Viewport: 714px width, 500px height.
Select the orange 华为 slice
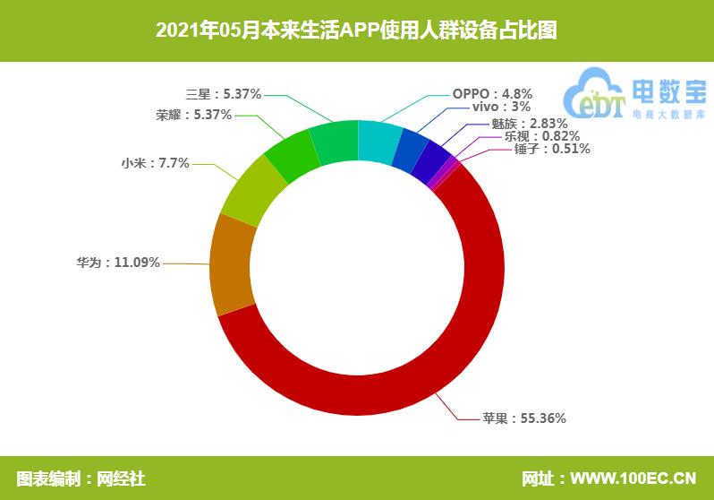coord(232,267)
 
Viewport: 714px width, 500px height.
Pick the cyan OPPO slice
coord(378,142)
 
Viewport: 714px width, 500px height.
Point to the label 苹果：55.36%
coord(523,418)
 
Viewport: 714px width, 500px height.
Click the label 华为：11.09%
coord(118,263)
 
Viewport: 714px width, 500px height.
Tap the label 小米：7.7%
coord(155,163)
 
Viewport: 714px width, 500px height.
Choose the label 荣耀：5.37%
coord(193,115)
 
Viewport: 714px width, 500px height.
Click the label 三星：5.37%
coord(223,93)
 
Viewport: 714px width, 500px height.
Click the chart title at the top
coord(356,30)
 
